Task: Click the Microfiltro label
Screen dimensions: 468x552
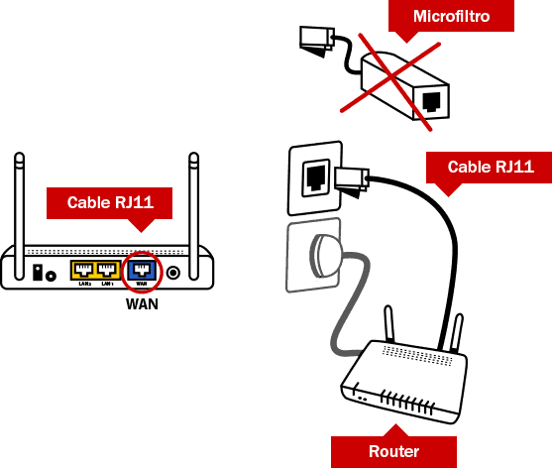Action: click(452, 17)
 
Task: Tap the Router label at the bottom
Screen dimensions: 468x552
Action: click(393, 451)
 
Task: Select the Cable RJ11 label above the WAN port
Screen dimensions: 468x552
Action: click(109, 202)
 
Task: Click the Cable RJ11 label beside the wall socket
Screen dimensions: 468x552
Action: click(490, 167)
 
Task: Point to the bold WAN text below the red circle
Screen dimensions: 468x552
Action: click(142, 303)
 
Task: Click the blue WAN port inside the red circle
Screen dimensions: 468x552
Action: click(142, 269)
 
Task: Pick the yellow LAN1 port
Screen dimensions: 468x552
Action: click(108, 269)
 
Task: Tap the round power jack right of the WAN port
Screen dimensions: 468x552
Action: click(174, 271)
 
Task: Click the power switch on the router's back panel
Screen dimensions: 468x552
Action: click(41, 271)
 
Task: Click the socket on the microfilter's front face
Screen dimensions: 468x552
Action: click(433, 100)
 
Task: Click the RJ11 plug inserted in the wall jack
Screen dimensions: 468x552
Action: click(350, 179)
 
